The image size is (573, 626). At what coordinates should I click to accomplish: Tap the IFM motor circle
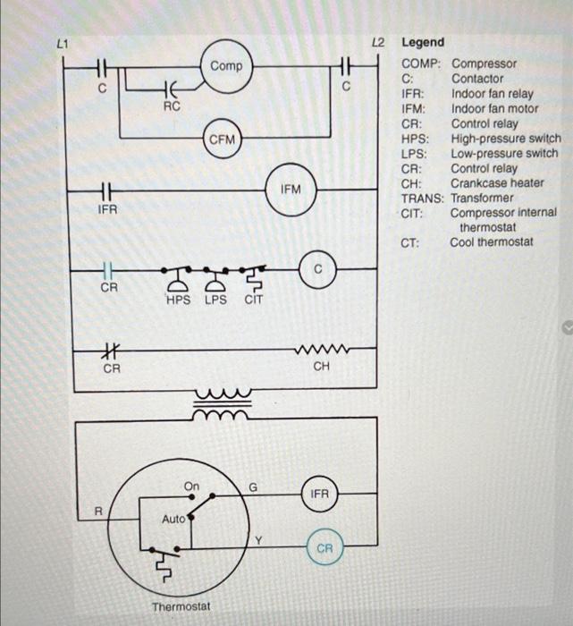[x=291, y=189]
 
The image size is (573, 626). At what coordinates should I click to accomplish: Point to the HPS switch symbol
[x=178, y=275]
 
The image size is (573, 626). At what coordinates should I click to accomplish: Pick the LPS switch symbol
[x=215, y=275]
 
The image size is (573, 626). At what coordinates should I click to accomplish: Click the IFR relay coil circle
[x=319, y=493]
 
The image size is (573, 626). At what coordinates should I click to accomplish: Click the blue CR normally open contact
[x=106, y=269]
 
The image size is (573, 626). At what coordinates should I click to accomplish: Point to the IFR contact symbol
[x=106, y=190]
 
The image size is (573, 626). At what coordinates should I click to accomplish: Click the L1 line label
[x=62, y=42]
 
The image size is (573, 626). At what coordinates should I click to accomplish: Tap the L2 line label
[x=377, y=42]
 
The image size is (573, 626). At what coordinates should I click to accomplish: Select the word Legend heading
[x=423, y=42]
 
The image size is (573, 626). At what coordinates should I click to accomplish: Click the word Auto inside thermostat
[x=173, y=519]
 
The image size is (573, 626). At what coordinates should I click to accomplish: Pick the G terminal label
[x=253, y=487]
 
